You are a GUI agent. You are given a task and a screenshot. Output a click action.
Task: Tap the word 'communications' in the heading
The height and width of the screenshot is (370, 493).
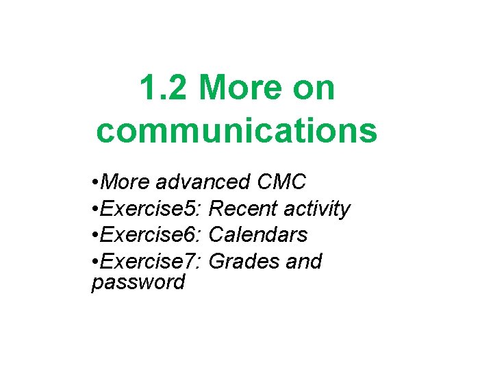pos(236,131)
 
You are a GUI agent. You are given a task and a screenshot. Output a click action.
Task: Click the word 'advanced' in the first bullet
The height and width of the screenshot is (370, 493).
pos(203,182)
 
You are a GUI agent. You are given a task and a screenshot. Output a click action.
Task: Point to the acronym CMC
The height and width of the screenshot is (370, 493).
pos(281,182)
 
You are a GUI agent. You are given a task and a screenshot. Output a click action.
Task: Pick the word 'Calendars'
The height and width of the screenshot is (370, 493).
pos(258,235)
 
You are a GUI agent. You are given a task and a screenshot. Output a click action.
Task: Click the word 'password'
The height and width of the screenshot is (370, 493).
pos(138,282)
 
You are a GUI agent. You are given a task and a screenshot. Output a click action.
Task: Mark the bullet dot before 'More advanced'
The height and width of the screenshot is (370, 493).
pos(94,183)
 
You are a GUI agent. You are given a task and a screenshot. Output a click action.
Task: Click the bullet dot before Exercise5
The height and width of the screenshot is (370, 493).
pos(94,209)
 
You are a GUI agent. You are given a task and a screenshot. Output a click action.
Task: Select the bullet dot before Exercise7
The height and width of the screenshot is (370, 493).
pos(94,262)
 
